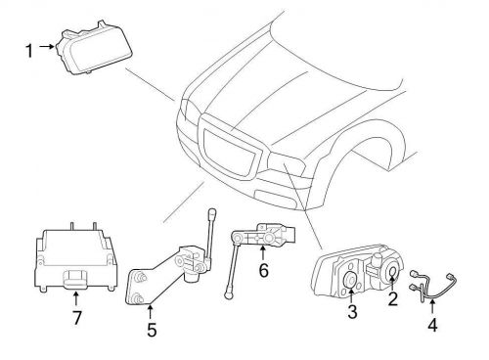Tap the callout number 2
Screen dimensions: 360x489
(x=393, y=300)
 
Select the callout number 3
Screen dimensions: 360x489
(x=350, y=312)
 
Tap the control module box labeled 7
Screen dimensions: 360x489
(x=75, y=255)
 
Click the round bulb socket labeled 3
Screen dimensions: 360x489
(x=350, y=283)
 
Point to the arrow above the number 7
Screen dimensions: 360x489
(x=77, y=297)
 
